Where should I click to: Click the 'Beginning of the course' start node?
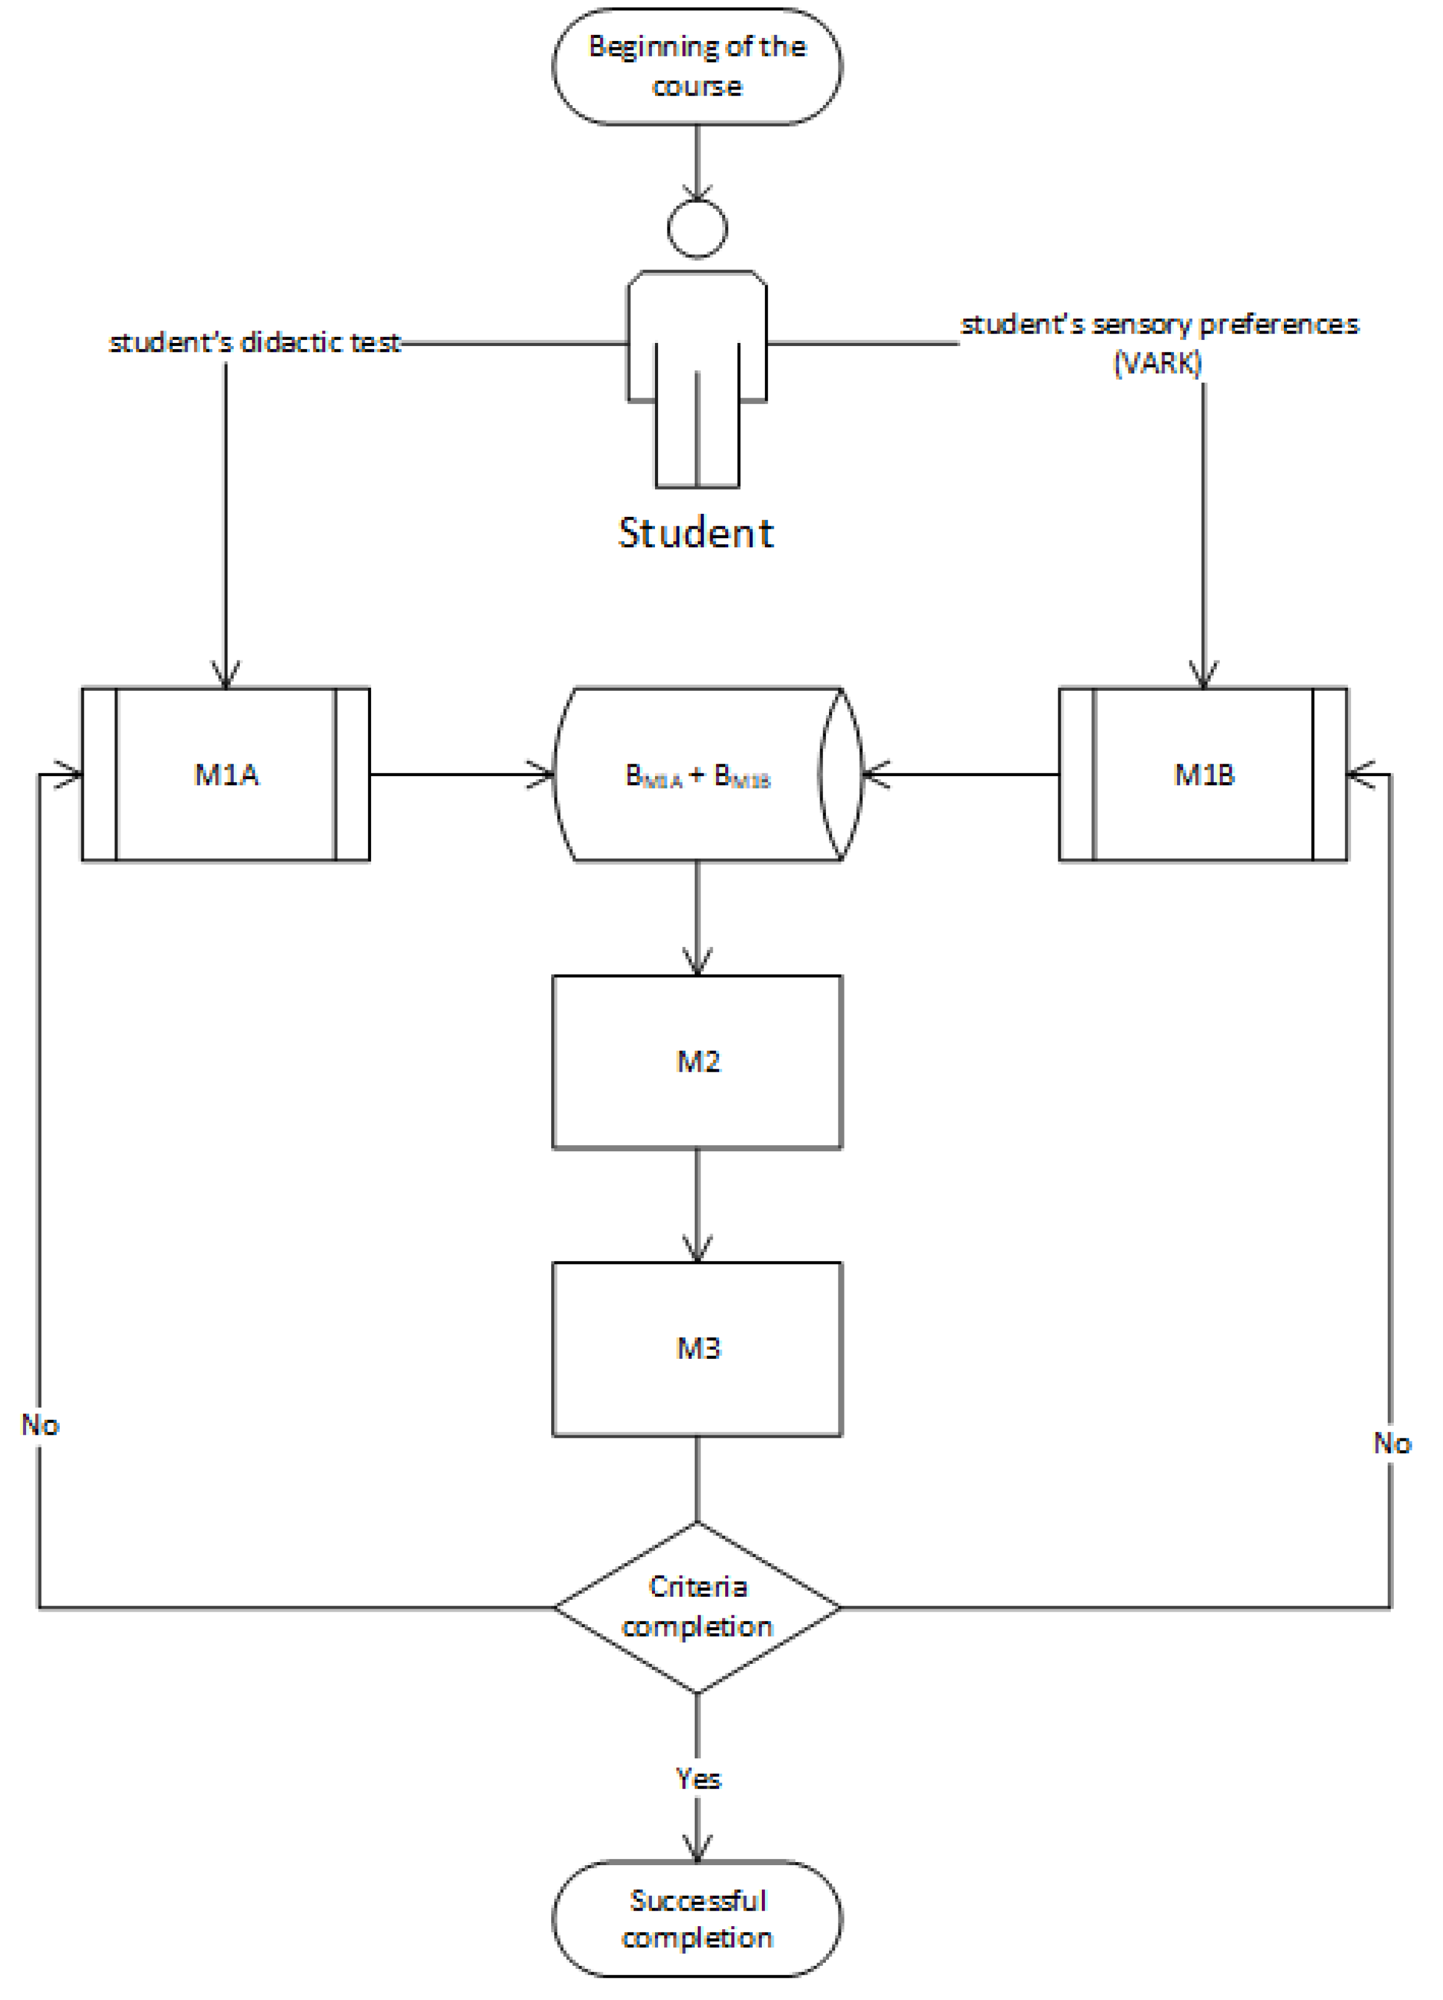tap(697, 66)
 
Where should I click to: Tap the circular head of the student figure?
tap(697, 229)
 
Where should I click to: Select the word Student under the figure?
tap(696, 532)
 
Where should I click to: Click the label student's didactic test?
tap(254, 342)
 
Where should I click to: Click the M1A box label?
tap(226, 774)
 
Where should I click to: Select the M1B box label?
tap(1203, 774)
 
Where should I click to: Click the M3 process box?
tap(697, 1348)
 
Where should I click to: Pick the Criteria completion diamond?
tap(697, 1607)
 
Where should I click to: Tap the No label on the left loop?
tap(40, 1424)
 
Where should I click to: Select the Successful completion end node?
tap(697, 1919)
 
